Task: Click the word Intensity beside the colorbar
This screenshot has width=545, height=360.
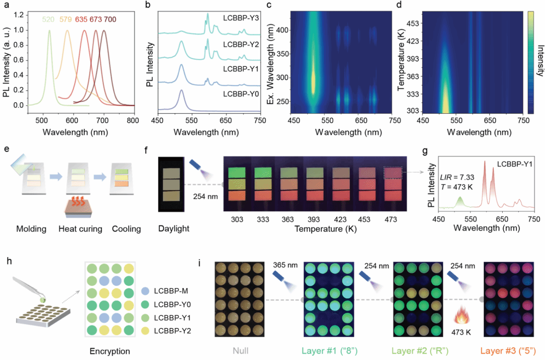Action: [539, 62]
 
